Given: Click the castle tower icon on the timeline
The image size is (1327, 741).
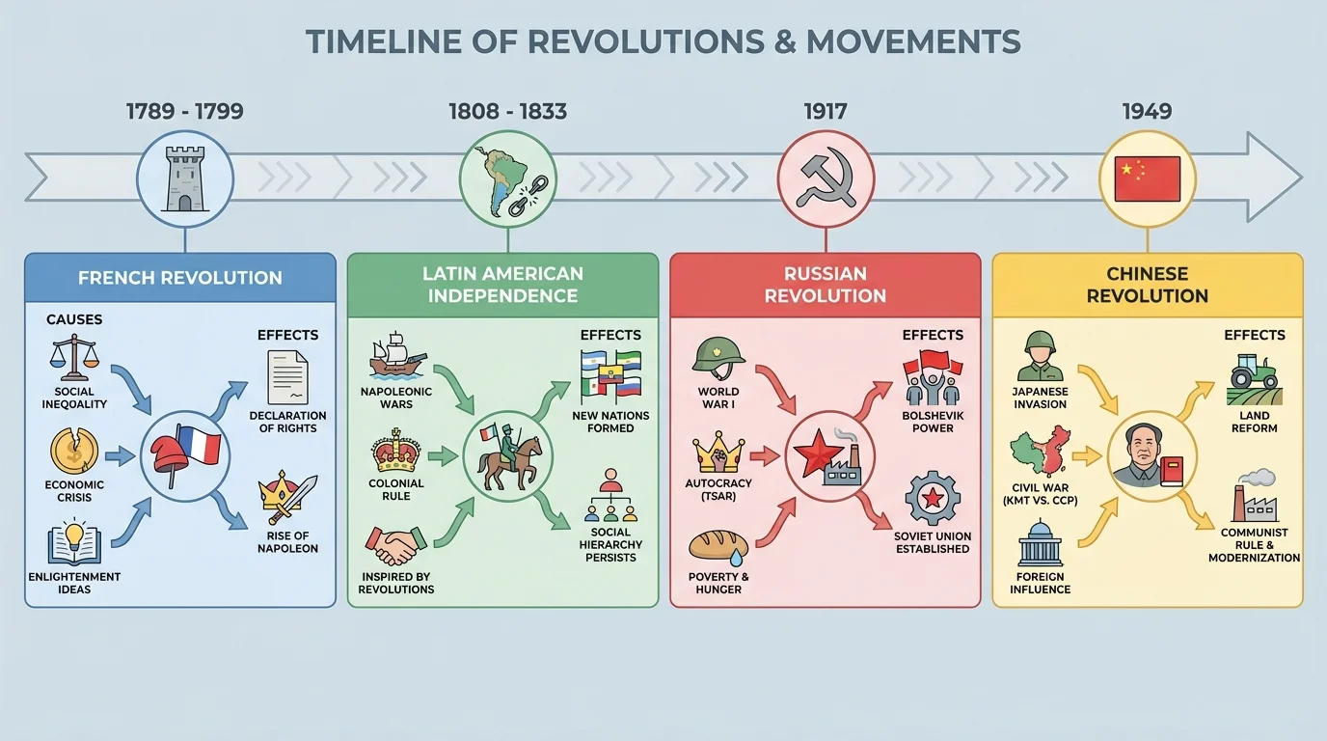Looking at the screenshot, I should click(x=184, y=178).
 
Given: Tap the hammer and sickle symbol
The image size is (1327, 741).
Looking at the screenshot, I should click(x=826, y=178).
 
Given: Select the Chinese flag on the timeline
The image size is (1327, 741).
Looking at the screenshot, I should click(x=1147, y=178).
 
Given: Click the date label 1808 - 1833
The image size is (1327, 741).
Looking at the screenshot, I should click(x=507, y=111).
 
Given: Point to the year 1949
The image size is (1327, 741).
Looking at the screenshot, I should click(x=1147, y=111).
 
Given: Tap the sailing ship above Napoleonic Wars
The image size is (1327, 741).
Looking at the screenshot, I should click(x=397, y=355).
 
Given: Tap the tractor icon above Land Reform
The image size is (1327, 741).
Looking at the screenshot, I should click(x=1254, y=378).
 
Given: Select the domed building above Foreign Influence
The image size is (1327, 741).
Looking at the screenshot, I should click(x=1040, y=543).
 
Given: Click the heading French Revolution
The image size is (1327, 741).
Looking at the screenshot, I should click(x=180, y=278).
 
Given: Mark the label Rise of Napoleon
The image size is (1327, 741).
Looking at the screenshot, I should click(x=287, y=542).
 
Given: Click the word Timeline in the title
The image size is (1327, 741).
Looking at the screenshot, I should click(x=393, y=41).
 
